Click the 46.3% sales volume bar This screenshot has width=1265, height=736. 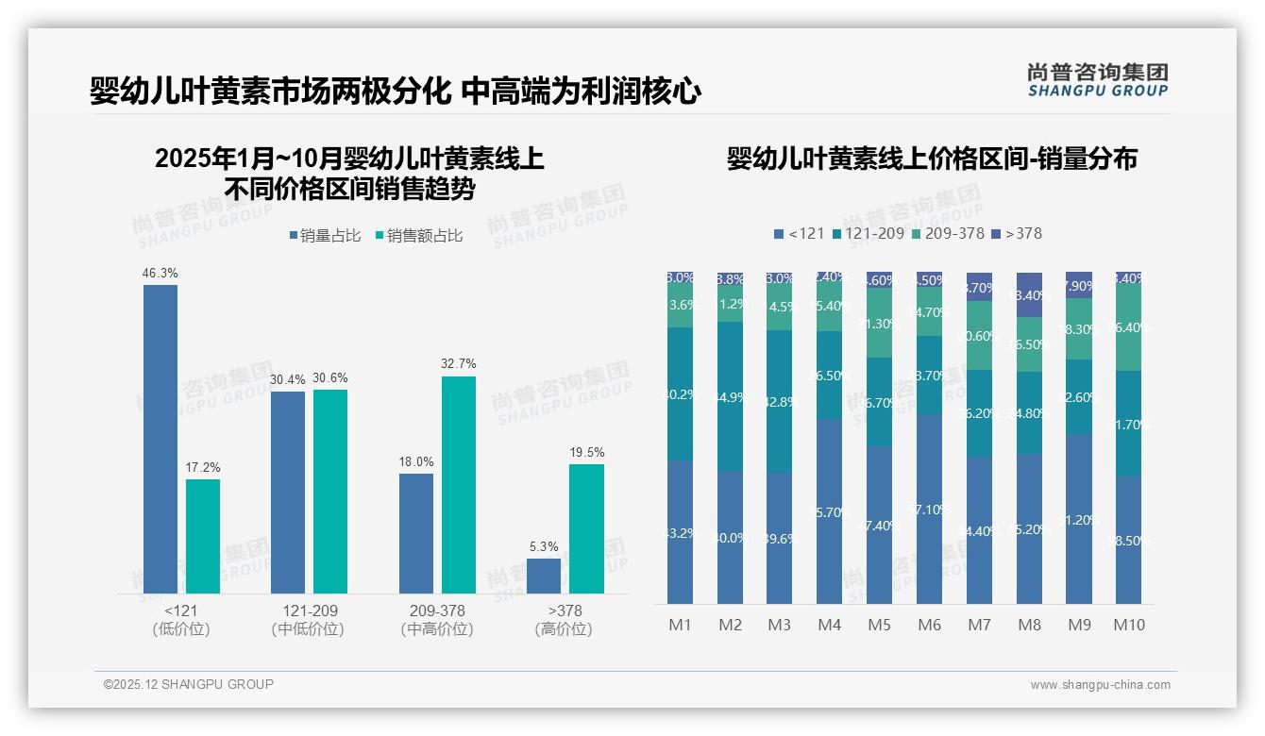[x=160, y=439]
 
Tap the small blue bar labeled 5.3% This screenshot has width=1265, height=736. [x=544, y=576]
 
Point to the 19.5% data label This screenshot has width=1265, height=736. [x=586, y=453]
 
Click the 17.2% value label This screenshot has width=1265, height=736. [x=203, y=468]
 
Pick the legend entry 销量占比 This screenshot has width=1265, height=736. [x=325, y=236]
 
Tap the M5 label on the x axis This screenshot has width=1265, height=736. [x=879, y=625]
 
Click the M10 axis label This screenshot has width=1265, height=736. [x=1128, y=625]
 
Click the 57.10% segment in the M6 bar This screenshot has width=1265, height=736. [x=929, y=510]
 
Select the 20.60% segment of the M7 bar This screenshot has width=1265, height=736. [x=979, y=335]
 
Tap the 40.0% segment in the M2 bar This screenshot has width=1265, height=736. [x=730, y=538]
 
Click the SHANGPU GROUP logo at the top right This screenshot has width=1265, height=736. [x=1097, y=80]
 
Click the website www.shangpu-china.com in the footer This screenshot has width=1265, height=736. [x=1100, y=685]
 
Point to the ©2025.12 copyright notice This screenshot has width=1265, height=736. [x=189, y=684]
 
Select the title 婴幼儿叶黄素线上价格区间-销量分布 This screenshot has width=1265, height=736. [x=932, y=159]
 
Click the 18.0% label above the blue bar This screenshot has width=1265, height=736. [x=416, y=462]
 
